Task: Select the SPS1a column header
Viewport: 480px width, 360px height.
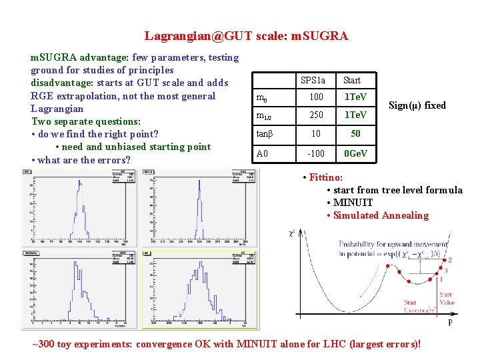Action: (x=313, y=81)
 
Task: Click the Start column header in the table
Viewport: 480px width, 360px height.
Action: (x=351, y=81)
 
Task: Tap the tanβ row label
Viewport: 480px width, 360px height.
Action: (x=265, y=134)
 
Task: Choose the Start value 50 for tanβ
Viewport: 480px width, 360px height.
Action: (x=355, y=134)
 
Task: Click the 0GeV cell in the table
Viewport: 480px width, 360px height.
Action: (x=355, y=154)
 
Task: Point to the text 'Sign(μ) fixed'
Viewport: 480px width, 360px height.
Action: (x=417, y=105)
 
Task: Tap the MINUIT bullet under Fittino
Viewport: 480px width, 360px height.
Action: (x=353, y=203)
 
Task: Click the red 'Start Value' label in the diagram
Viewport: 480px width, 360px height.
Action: (x=446, y=298)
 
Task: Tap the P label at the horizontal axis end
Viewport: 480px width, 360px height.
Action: (x=450, y=322)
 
